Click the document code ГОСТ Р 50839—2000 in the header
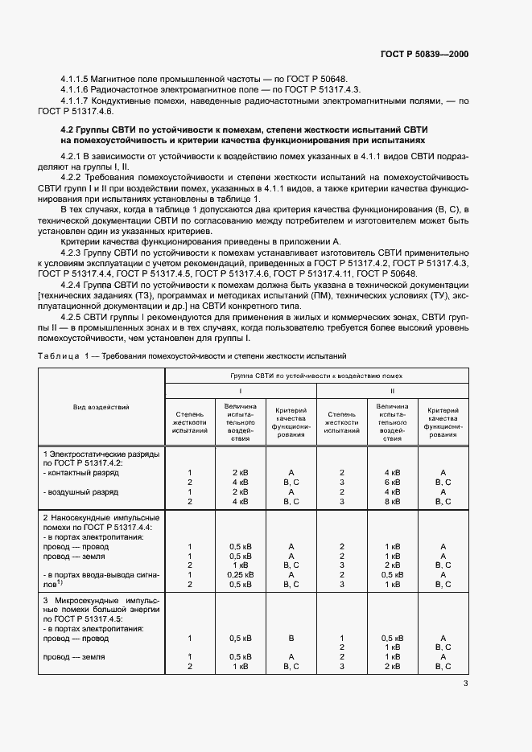click(x=424, y=55)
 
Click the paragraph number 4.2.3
click(x=73, y=251)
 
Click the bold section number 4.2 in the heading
click(x=68, y=129)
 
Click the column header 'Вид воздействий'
click(x=102, y=409)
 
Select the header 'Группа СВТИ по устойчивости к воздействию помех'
click(x=317, y=375)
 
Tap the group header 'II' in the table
click(x=392, y=390)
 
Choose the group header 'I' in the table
click(x=240, y=390)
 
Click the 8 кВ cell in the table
click(x=392, y=501)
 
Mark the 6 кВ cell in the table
click(x=392, y=482)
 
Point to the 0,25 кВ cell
click(x=240, y=575)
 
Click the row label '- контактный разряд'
click(x=80, y=473)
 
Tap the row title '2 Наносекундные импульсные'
click(x=101, y=517)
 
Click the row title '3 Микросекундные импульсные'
click(x=101, y=600)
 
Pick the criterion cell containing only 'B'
click(x=291, y=638)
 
